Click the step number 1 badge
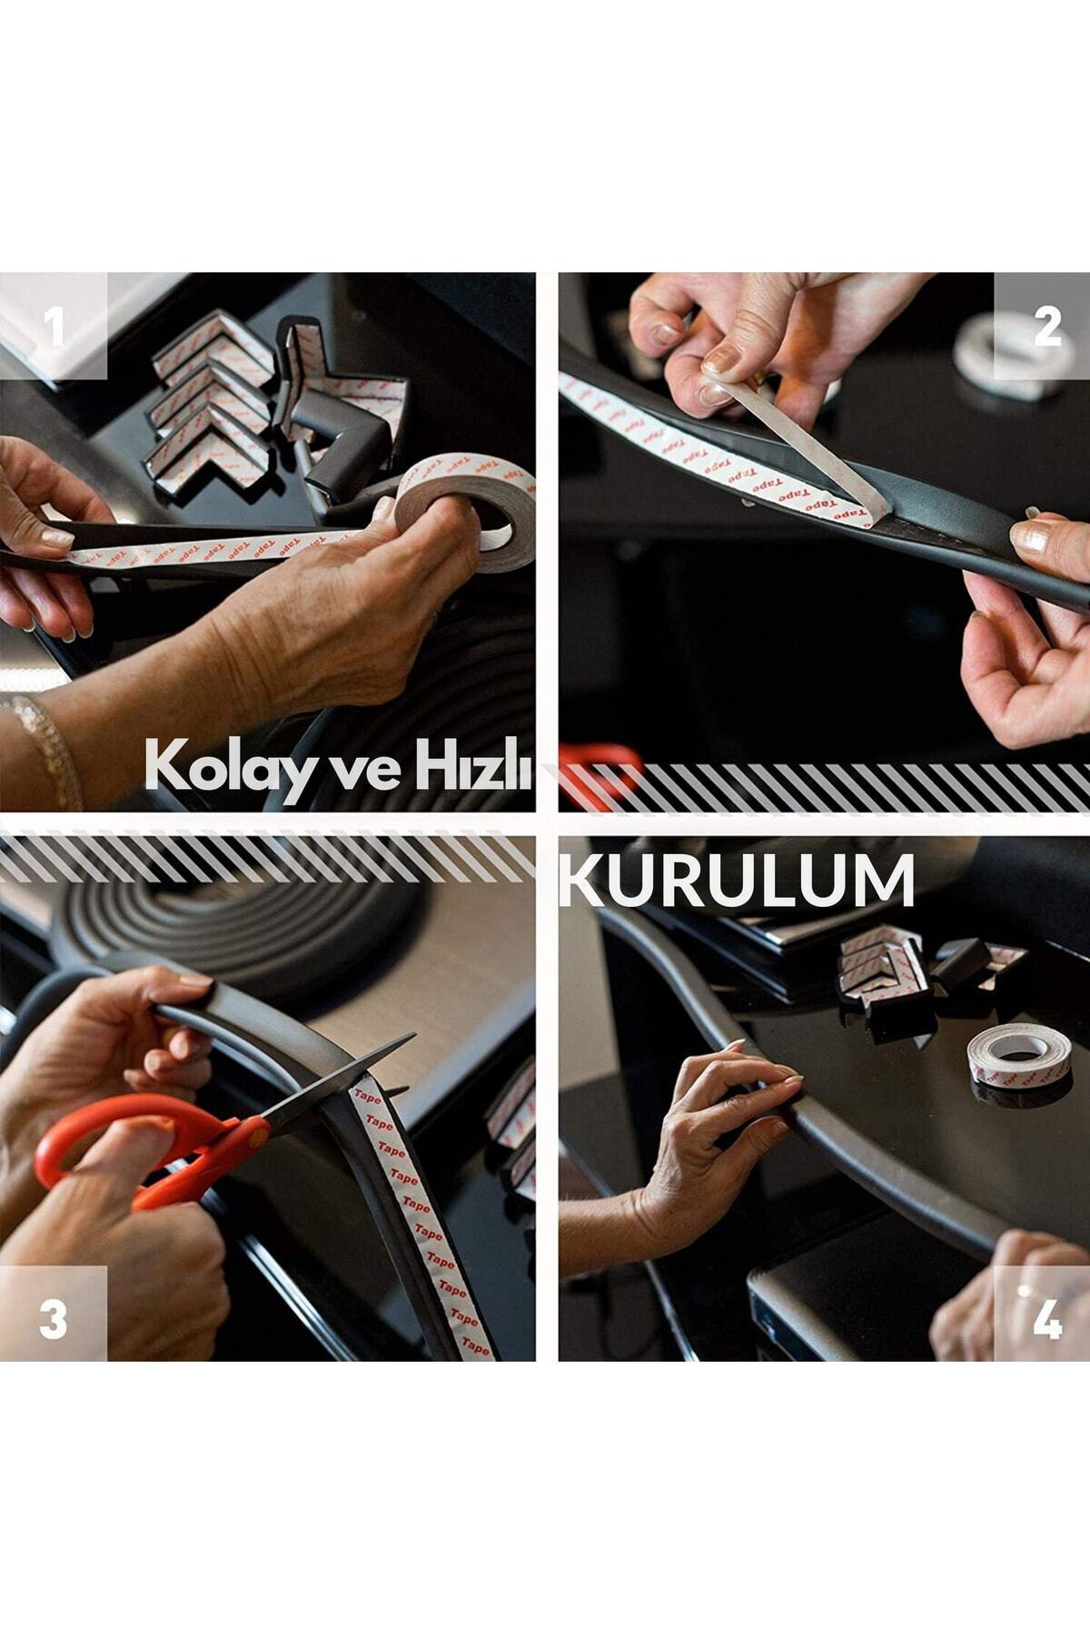tap(54, 326)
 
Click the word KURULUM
tap(737, 880)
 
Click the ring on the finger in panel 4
tap(1025, 1293)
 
